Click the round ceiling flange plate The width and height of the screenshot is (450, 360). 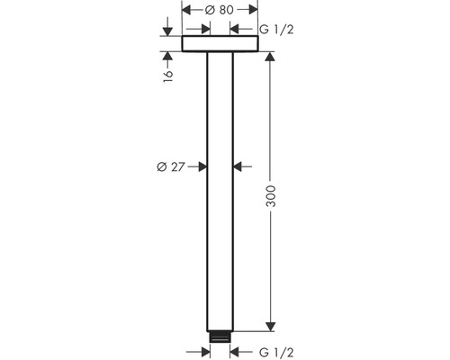click(220, 44)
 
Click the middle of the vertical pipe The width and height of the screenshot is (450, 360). click(220, 193)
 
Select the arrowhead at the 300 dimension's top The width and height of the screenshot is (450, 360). click(268, 58)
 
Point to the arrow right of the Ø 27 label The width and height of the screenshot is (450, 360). click(202, 166)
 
